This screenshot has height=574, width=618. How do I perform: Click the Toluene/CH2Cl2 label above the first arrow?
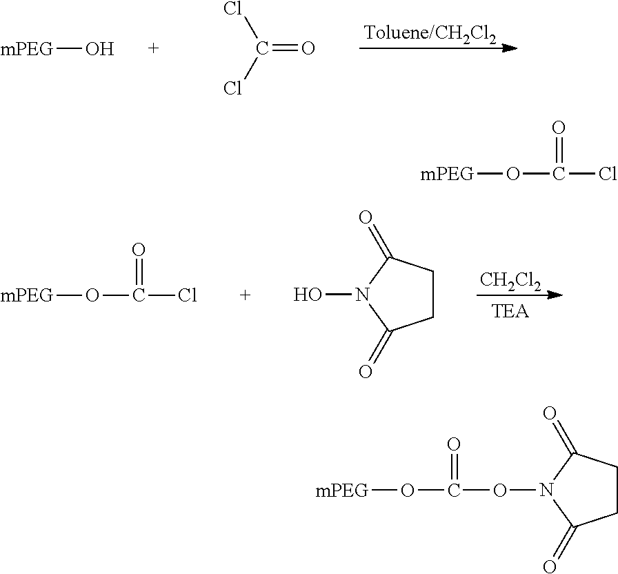(430, 34)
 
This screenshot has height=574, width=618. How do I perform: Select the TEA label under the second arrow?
(510, 311)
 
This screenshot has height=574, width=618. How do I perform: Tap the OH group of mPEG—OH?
(100, 49)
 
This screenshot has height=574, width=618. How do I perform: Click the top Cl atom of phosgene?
(232, 9)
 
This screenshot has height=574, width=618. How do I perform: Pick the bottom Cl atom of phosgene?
(232, 88)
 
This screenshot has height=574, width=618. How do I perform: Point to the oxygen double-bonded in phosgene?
(308, 48)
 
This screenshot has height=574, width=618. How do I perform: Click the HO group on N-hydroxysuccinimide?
(308, 295)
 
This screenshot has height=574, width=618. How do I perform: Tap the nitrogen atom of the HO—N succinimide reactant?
(362, 295)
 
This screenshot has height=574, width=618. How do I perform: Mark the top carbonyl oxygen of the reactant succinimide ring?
(366, 217)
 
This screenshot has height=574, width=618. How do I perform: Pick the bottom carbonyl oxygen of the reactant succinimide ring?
(366, 371)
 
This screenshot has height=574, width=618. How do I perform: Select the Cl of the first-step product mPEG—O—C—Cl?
(608, 173)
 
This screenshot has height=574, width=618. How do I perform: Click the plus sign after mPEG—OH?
(153, 48)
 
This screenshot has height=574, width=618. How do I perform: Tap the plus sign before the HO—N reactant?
(245, 295)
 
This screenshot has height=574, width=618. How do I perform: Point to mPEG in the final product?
(342, 491)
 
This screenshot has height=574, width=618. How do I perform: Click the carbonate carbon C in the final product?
(454, 491)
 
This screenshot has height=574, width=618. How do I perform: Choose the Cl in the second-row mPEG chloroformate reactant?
(187, 295)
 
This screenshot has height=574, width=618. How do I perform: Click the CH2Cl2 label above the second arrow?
(510, 281)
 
